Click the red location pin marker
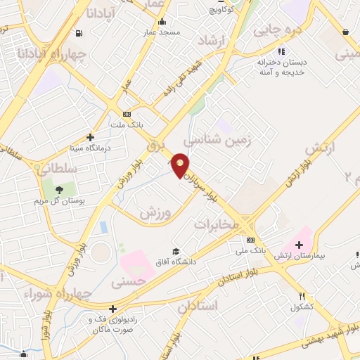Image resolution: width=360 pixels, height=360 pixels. click(x=181, y=165)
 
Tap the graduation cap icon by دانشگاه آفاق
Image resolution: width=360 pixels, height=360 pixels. click(x=176, y=252)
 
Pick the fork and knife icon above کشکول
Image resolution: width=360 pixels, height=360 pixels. click(x=302, y=297)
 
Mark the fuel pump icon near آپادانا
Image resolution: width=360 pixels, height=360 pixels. click(x=78, y=33)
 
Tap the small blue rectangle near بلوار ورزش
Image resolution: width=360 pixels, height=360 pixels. click(x=104, y=227)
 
